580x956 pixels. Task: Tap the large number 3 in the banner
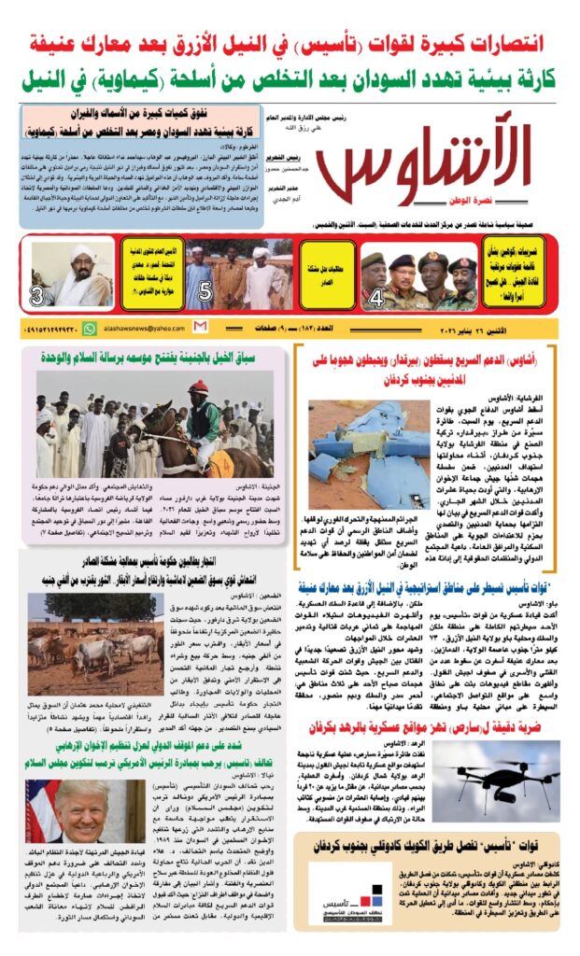(37, 297)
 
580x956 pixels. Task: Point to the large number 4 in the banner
(376, 299)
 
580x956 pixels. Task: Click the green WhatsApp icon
(90, 329)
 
